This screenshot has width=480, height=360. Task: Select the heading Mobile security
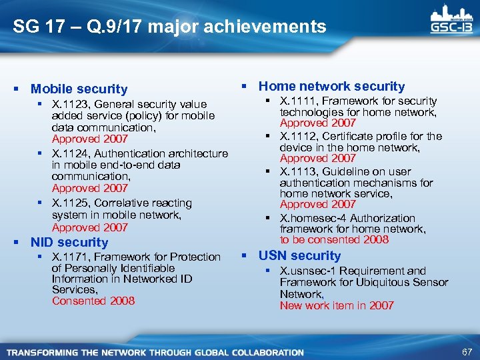[x=79, y=89]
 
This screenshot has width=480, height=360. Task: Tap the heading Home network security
[x=331, y=86]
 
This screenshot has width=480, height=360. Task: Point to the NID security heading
[x=69, y=243]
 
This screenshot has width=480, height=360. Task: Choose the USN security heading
[x=299, y=256]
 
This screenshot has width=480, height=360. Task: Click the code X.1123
[x=69, y=104]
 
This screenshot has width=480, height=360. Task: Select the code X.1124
[x=69, y=153]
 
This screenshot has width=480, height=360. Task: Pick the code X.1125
[x=69, y=203]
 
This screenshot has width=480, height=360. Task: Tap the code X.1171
[x=69, y=257]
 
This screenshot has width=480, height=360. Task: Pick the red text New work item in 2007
[x=337, y=305]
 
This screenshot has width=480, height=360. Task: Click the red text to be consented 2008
[x=334, y=239]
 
